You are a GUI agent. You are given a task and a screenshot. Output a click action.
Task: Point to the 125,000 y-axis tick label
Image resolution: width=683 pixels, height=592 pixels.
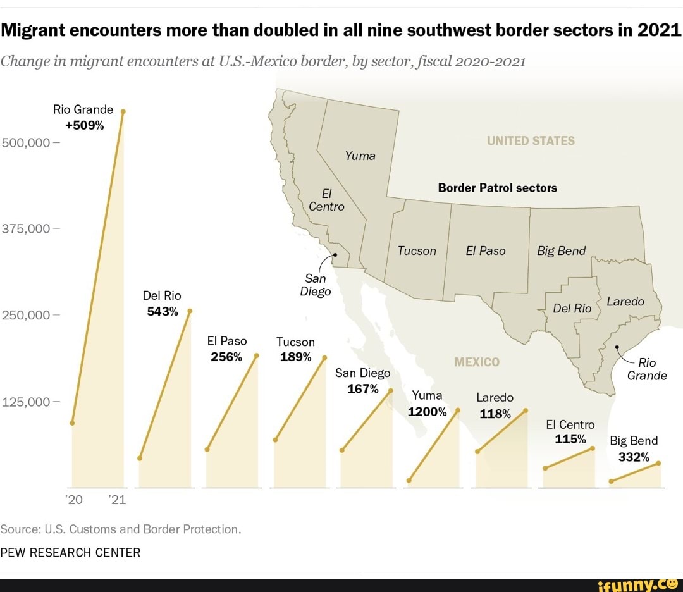28,402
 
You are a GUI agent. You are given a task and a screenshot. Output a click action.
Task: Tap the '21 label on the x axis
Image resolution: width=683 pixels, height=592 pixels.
118,500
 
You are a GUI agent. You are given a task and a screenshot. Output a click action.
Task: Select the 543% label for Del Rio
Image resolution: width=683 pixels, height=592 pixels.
163,311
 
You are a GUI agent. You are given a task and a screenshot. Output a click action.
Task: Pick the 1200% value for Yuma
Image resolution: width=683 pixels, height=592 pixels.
427,412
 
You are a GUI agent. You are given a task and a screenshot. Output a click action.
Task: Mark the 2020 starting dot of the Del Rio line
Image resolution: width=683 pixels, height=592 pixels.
140,458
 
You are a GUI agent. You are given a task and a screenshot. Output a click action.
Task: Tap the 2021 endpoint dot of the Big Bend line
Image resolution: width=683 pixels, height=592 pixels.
659,463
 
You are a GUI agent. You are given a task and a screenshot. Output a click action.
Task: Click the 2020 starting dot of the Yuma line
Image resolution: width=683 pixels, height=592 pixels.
409,481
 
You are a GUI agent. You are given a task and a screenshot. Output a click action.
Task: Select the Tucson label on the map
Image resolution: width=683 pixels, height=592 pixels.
417,250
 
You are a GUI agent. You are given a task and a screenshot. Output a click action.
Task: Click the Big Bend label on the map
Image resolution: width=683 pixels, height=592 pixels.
562,251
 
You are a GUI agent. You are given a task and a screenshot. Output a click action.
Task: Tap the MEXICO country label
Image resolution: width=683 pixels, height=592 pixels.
477,362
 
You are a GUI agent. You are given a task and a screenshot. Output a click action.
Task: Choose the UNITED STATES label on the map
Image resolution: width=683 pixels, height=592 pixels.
531,140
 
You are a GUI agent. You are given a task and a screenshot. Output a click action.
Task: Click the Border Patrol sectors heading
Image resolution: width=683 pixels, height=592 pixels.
497,188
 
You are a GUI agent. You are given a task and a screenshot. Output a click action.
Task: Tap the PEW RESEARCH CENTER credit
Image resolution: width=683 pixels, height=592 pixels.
70,552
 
